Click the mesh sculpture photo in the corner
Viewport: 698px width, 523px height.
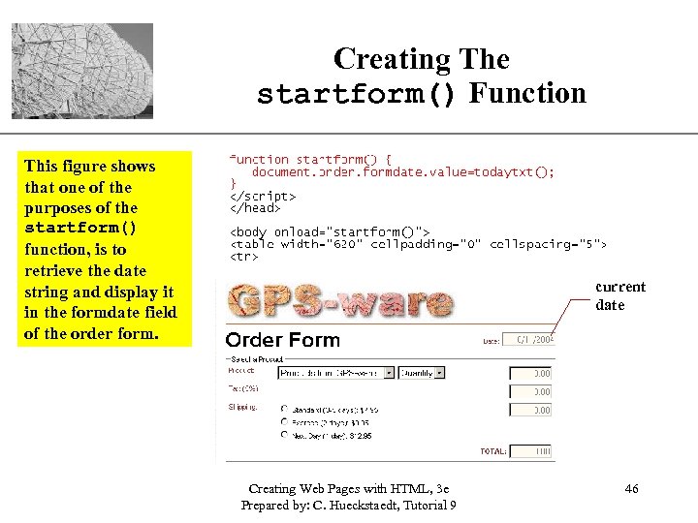click(82, 71)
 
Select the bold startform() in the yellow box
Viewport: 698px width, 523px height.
click(80, 229)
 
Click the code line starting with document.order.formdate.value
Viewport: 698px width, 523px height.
click(402, 172)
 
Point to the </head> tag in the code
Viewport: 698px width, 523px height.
click(255, 207)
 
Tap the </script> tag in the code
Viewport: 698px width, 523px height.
click(263, 196)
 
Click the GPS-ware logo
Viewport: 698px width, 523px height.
click(342, 301)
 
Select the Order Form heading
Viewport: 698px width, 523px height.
click(283, 340)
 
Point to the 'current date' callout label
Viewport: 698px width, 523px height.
click(620, 295)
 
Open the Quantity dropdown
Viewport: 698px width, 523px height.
click(423, 372)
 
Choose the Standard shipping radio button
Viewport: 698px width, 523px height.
click(284, 409)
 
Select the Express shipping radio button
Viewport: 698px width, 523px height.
click(284, 422)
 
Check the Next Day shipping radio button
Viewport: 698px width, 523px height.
click(284, 435)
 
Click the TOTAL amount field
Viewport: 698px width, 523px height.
click(530, 451)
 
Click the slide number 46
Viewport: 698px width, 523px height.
click(631, 489)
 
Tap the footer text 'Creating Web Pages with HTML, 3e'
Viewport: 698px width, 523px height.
click(348, 489)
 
